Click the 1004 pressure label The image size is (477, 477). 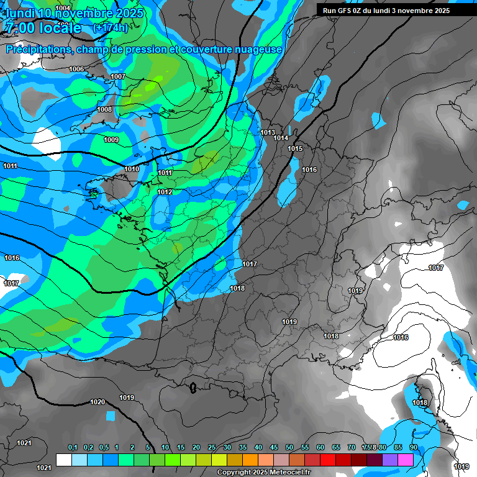(x=63, y=8)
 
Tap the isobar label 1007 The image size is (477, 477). (x=118, y=76)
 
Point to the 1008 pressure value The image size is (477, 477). (x=104, y=109)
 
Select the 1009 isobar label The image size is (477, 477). (x=111, y=140)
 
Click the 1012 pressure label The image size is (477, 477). (x=165, y=192)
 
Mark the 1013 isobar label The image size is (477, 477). (x=268, y=132)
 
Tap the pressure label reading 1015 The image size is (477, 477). (x=295, y=148)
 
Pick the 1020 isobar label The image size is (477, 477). (x=98, y=402)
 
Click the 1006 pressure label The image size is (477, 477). (x=76, y=69)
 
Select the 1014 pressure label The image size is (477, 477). (x=281, y=138)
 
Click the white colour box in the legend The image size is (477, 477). (x=64, y=460)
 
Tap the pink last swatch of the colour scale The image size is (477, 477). (x=406, y=460)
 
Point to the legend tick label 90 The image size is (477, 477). (x=413, y=447)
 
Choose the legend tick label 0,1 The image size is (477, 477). (x=72, y=447)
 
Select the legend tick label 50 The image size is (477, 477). (x=289, y=447)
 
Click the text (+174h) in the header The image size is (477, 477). (x=110, y=27)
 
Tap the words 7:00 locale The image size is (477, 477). (x=43, y=28)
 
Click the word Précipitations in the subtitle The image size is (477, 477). (x=37, y=50)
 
